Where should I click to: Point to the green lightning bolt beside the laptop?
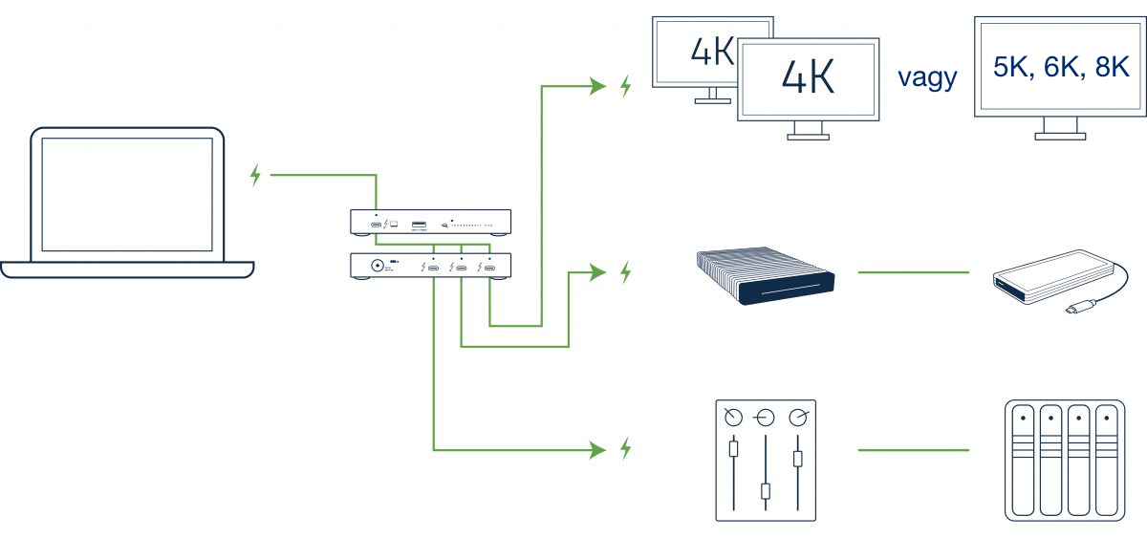pyautogui.click(x=255, y=175)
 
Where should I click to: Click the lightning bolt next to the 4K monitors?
pyautogui.click(x=626, y=87)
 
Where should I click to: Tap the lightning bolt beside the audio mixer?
pyautogui.click(x=626, y=447)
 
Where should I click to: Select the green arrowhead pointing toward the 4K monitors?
pyautogui.click(x=598, y=87)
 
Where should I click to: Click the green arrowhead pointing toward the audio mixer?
pyautogui.click(x=598, y=447)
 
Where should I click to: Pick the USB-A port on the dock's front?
pyautogui.click(x=419, y=226)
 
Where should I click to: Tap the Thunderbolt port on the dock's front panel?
pyautogui.click(x=377, y=226)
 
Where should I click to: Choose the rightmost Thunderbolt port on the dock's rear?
pyautogui.click(x=489, y=268)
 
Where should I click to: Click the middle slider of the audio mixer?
pyautogui.click(x=765, y=491)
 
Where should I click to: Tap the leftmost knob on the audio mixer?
pyautogui.click(x=733, y=417)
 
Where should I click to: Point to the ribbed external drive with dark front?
pyautogui.click(x=763, y=276)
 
